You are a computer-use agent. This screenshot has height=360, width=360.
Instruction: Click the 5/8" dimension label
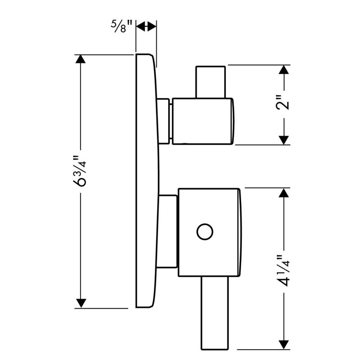click(122, 27)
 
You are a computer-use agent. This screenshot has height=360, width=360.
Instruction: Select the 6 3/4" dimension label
click(80, 171)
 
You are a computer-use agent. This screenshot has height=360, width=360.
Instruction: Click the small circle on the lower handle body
click(205, 232)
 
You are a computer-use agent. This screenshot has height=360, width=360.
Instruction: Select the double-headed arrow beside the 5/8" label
click(146, 27)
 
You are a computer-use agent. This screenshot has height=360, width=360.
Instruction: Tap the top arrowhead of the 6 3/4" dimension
click(81, 59)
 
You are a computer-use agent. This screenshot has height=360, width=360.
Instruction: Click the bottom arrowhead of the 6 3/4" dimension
click(81, 303)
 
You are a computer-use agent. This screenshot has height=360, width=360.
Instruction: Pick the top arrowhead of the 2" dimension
click(284, 70)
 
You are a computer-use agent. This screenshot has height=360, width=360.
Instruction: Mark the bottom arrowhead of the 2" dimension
click(284, 140)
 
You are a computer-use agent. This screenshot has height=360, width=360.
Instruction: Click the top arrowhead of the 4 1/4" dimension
click(284, 193)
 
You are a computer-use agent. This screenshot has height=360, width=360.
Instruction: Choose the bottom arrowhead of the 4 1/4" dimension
click(284, 345)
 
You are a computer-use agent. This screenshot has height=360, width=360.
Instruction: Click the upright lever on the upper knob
click(210, 82)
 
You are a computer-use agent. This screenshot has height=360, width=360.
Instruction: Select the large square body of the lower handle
click(209, 232)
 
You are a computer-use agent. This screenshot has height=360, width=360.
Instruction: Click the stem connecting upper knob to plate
click(164, 121)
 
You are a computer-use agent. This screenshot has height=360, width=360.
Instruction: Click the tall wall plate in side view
click(147, 181)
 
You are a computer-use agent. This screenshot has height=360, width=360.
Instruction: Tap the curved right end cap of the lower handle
click(240, 232)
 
